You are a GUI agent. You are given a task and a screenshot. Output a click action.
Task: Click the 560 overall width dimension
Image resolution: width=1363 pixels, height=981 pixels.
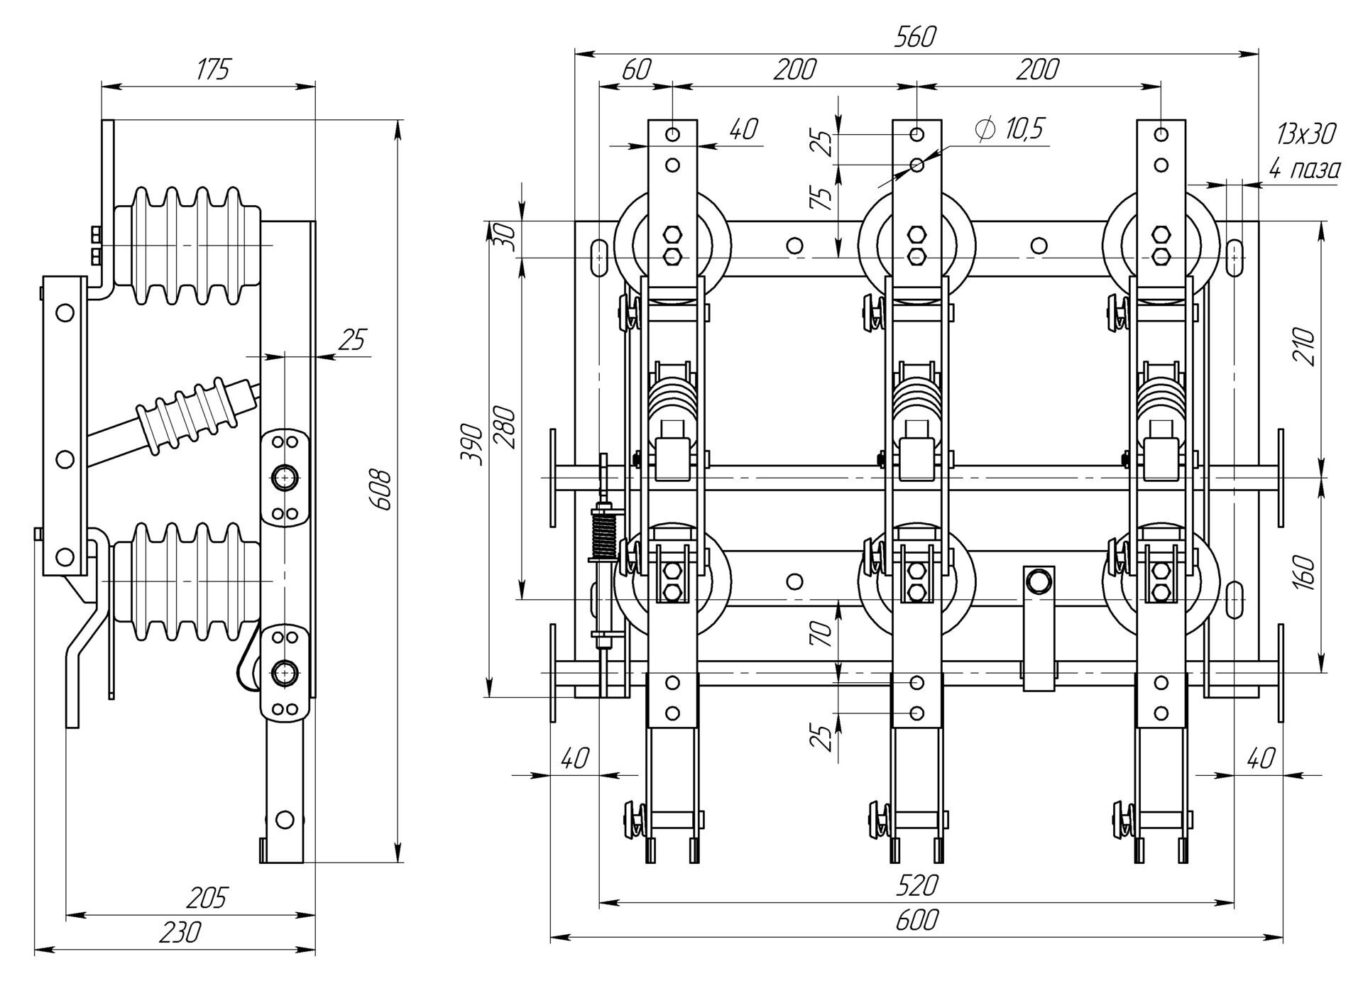915,37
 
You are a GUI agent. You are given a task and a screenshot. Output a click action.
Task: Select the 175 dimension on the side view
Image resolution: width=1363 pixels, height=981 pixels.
213,70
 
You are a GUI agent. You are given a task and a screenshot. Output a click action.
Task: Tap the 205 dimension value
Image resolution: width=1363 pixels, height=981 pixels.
206,898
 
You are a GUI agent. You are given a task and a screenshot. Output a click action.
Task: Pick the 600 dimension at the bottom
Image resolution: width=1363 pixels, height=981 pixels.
916,920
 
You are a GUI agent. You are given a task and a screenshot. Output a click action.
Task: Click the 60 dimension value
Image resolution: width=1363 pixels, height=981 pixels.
636,70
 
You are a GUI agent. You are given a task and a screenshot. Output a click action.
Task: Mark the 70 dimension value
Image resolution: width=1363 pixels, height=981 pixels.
823,632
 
